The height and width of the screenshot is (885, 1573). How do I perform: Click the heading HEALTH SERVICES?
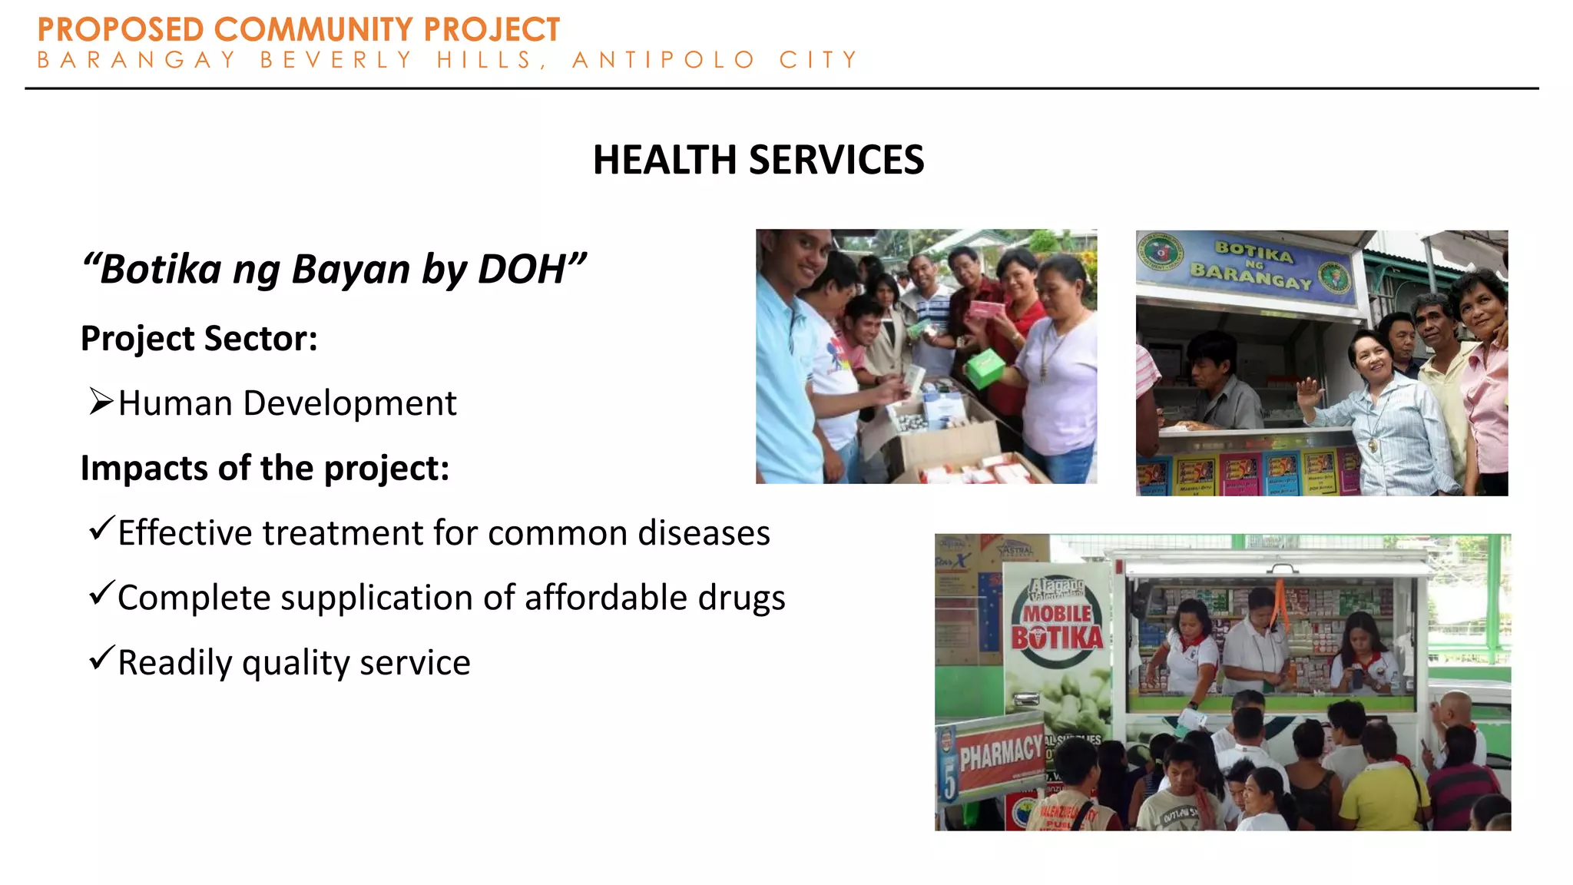coord(758,160)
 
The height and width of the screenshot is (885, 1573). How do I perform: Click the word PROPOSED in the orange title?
coord(120,31)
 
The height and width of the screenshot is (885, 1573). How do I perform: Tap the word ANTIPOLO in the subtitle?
coord(664,60)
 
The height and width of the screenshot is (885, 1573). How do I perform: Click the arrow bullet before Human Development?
coord(101,401)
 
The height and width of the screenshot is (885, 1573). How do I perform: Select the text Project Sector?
coord(199,339)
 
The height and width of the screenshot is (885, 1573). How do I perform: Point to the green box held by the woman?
coord(985,367)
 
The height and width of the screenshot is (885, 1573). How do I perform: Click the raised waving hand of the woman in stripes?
coord(1309,395)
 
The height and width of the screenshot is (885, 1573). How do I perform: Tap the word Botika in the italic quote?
coord(161,270)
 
